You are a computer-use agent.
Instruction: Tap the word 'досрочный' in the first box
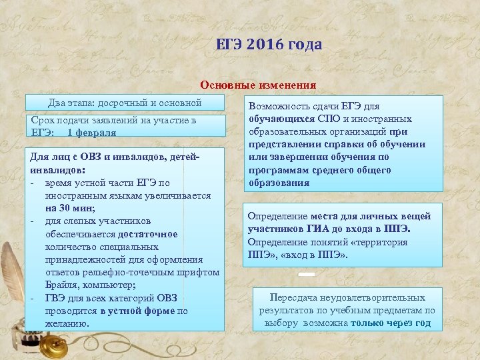click(x=122, y=103)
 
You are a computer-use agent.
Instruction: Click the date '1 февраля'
click(x=91, y=133)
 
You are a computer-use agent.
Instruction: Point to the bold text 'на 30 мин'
click(x=69, y=208)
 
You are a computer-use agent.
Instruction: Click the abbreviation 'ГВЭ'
click(x=56, y=298)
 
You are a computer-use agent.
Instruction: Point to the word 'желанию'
click(x=67, y=323)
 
